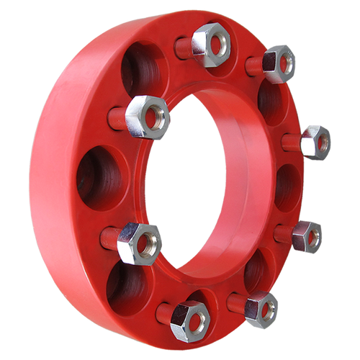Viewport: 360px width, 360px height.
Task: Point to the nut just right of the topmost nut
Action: [x=279, y=63]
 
